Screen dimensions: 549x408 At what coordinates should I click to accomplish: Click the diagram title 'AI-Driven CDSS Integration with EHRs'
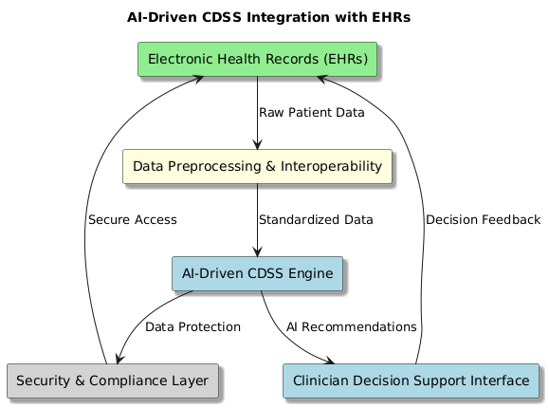pyautogui.click(x=268, y=17)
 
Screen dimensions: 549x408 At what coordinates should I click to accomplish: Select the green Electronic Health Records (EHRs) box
pyautogui.click(x=257, y=59)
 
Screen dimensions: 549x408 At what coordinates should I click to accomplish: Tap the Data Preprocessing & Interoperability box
pyautogui.click(x=257, y=166)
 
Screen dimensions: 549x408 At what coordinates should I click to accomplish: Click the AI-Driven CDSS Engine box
pyautogui.click(x=257, y=274)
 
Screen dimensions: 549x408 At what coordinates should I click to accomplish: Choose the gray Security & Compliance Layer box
pyautogui.click(x=113, y=381)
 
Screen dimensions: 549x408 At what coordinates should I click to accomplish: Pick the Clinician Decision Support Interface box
pyautogui.click(x=412, y=381)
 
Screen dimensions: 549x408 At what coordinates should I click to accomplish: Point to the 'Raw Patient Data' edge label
pyautogui.click(x=312, y=113)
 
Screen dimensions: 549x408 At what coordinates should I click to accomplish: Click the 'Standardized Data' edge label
pyautogui.click(x=316, y=220)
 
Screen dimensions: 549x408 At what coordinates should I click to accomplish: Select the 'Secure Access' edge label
pyautogui.click(x=133, y=220)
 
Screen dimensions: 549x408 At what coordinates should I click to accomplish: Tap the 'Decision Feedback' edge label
pyautogui.click(x=484, y=220)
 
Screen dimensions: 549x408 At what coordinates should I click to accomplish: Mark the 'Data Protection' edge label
pyautogui.click(x=192, y=327)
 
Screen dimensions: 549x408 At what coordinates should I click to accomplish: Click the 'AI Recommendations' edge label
pyautogui.click(x=352, y=327)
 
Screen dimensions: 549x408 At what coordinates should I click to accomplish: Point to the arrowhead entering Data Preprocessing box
pyautogui.click(x=257, y=144)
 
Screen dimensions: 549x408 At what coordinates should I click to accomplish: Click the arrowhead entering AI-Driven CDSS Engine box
pyautogui.click(x=257, y=251)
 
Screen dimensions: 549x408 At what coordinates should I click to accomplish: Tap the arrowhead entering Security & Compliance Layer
pyautogui.click(x=119, y=359)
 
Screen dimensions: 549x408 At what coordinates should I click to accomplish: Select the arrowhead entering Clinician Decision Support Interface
pyautogui.click(x=329, y=361)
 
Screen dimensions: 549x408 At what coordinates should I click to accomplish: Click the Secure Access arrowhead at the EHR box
pyautogui.click(x=198, y=79)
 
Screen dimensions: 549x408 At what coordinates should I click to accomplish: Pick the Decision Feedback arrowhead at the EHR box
pyautogui.click(x=321, y=79)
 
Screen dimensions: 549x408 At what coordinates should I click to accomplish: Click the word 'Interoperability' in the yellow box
pyautogui.click(x=331, y=166)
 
